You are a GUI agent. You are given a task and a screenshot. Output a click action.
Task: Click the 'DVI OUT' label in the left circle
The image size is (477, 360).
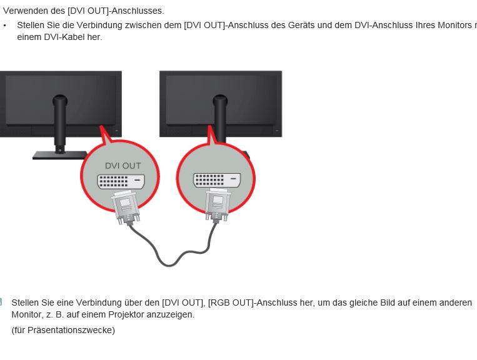(x=123, y=166)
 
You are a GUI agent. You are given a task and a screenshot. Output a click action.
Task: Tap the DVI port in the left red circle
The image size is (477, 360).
(x=121, y=181)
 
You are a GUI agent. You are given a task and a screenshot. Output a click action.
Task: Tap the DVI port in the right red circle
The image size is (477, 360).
(x=217, y=180)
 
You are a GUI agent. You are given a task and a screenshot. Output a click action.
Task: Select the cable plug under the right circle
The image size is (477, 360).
(x=217, y=205)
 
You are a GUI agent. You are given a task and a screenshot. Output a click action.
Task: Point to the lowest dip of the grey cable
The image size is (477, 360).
(x=169, y=266)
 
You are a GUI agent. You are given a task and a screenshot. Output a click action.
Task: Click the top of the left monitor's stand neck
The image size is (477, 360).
(x=59, y=98)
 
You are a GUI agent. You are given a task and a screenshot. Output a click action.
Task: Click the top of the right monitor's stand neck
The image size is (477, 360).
(x=220, y=98)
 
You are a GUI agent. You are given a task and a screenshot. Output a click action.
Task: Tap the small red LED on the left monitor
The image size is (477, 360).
(x=116, y=131)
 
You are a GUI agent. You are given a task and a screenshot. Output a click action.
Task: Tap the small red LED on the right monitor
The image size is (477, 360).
(x=277, y=131)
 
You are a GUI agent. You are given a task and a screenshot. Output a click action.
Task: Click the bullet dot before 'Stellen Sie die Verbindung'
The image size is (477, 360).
(x=4, y=26)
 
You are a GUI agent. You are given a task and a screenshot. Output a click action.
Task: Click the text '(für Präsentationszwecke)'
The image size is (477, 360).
(x=63, y=330)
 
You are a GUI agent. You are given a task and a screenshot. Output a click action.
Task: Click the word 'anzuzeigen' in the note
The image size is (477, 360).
(x=170, y=314)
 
